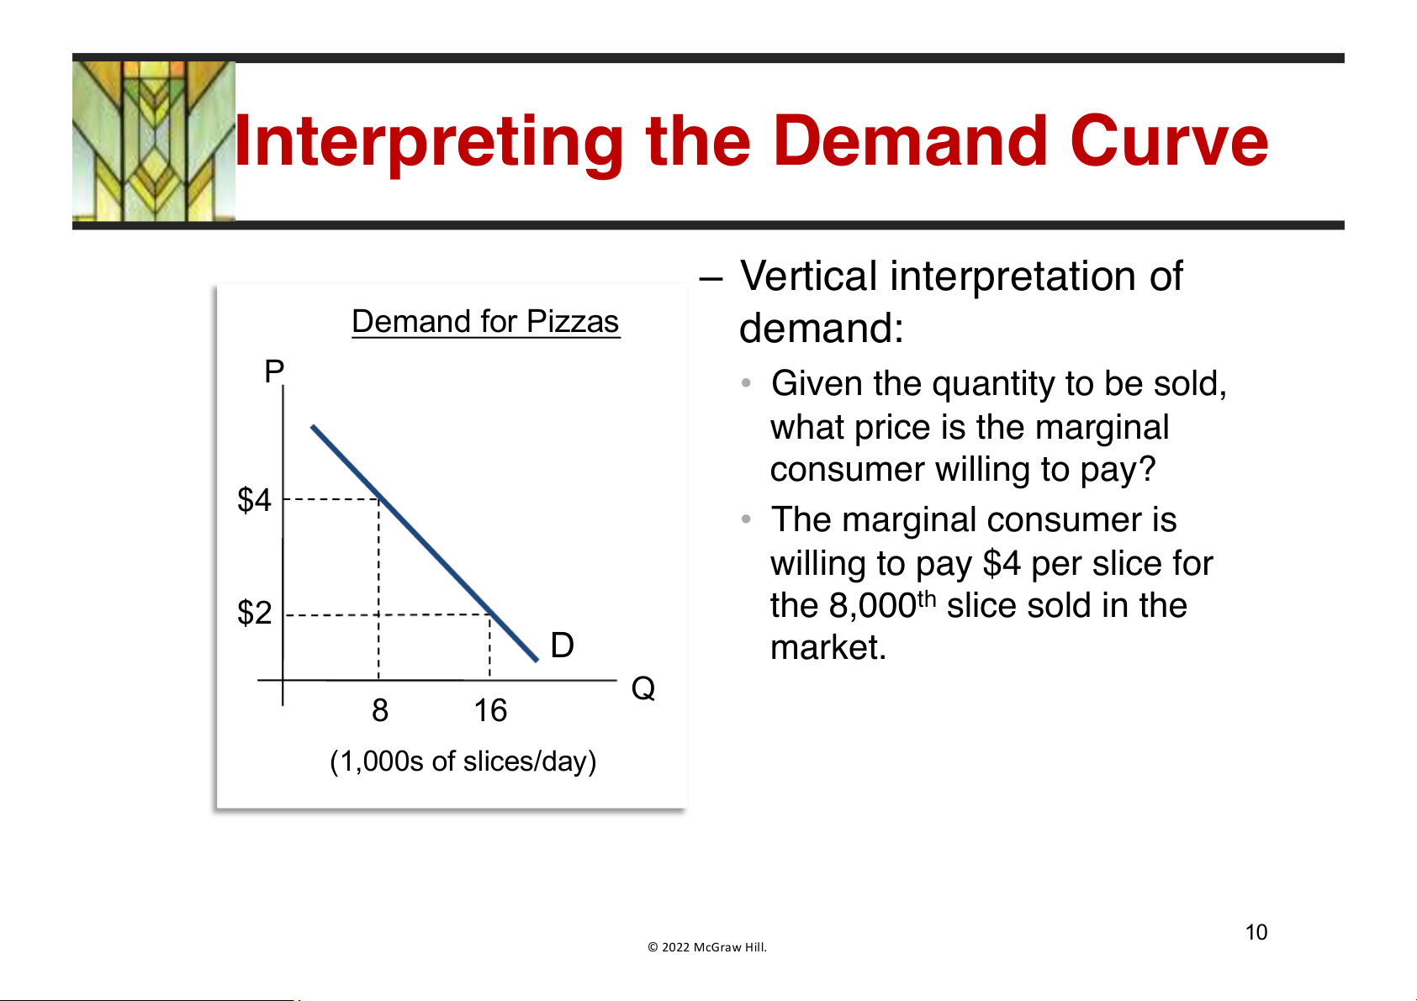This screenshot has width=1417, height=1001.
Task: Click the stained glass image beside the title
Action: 154,141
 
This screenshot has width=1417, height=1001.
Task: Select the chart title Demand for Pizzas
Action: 485,321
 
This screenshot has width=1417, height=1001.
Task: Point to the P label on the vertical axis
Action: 274,371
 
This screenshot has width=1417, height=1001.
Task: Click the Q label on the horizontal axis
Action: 642,688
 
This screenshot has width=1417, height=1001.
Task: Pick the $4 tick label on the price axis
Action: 254,499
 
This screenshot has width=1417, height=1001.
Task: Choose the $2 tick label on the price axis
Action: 254,612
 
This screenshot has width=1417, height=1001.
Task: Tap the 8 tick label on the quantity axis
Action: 379,710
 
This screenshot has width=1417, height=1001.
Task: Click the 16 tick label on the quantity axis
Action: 490,710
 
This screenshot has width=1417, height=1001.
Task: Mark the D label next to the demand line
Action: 562,645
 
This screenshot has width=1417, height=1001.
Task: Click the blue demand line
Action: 425,544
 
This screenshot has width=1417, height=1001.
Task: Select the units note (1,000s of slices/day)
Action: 463,761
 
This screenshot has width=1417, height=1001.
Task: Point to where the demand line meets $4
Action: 379,499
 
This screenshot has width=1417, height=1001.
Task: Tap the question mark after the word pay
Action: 1146,469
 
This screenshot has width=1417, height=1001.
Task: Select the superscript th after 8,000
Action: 927,598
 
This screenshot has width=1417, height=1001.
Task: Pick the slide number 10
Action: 1256,932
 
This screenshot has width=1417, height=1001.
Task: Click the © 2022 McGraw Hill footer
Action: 707,947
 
